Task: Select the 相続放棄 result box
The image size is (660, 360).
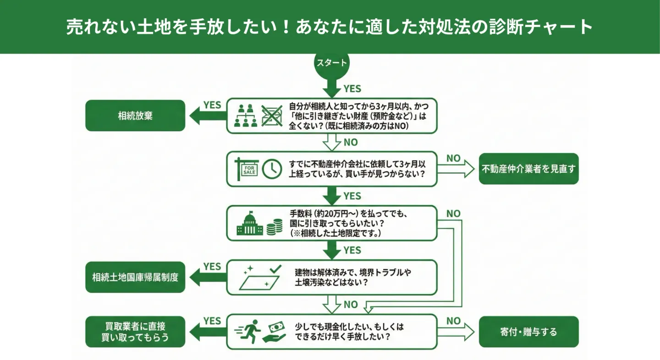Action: [135, 116]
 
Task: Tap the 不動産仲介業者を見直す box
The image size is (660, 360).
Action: [528, 169]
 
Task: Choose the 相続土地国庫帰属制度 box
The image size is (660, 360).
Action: [135, 277]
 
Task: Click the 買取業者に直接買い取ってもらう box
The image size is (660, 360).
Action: [135, 332]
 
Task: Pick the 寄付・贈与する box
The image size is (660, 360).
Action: [528, 332]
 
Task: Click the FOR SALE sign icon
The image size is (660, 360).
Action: [247, 169]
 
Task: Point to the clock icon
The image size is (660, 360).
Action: [272, 169]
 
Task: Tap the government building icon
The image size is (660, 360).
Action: [250, 223]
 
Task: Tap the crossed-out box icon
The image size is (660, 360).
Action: [272, 116]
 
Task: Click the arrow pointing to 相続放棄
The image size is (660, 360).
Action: [206, 116]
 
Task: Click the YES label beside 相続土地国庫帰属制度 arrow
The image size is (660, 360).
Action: [212, 266]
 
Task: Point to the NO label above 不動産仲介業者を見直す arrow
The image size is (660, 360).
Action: [453, 158]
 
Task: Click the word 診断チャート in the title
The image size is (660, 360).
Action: [542, 27]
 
